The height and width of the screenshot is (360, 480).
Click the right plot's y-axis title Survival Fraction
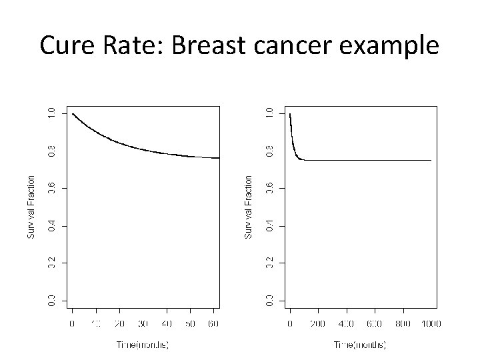[248, 207]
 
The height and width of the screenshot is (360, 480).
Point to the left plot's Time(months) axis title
[143, 344]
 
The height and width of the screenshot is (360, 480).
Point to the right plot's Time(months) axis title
[361, 344]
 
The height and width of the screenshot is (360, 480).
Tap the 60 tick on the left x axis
[213, 323]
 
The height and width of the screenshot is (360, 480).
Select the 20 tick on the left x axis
[119, 323]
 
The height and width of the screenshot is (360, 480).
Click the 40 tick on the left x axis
[167, 323]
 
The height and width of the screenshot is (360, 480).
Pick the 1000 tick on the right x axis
[431, 323]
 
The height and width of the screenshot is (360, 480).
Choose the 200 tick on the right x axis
[318, 323]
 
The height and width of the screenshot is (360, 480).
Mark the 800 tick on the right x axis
[403, 323]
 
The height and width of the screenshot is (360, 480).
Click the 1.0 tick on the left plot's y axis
[52, 114]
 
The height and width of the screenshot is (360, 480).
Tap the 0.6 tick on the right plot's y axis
[269, 189]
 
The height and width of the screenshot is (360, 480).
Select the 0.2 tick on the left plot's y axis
[52, 263]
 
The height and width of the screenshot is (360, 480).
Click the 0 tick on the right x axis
[290, 323]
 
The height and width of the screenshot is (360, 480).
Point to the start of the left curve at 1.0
[73, 114]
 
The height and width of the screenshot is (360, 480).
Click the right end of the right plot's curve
[431, 160]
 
